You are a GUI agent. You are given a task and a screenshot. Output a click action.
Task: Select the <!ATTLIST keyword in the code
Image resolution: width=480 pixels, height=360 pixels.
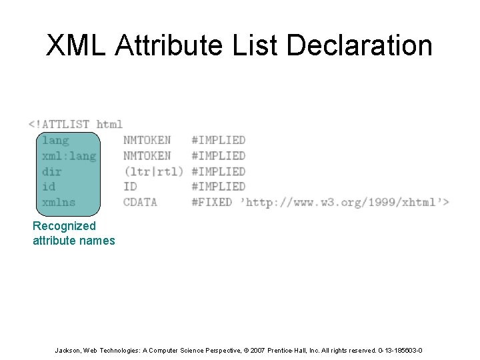[59, 124]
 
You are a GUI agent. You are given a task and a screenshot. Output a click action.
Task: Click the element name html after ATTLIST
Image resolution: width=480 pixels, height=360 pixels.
[109, 124]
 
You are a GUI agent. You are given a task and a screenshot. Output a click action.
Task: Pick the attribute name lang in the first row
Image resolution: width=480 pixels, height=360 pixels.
[55, 140]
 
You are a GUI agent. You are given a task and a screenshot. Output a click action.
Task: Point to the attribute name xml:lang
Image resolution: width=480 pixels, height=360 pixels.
[69, 155]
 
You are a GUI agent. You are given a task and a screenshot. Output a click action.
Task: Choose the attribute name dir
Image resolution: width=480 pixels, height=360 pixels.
[52, 171]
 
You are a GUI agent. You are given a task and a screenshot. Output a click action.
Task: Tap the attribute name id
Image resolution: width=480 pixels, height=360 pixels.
[49, 187]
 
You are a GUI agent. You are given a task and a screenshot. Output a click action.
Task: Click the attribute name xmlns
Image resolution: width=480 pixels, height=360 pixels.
[59, 202]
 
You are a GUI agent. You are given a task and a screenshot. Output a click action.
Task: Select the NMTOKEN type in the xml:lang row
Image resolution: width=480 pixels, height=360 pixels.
[147, 155]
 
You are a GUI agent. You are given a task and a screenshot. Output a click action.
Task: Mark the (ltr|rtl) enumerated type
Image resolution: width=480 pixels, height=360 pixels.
[153, 171]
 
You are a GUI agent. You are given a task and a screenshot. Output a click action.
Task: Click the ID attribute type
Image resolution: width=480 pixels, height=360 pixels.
[130, 187]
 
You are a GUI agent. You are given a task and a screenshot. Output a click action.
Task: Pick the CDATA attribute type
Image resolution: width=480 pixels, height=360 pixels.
[140, 202]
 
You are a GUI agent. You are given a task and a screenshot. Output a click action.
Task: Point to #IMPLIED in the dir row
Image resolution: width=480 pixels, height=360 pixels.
[218, 171]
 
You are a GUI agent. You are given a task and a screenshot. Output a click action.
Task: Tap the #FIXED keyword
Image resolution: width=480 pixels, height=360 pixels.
[211, 202]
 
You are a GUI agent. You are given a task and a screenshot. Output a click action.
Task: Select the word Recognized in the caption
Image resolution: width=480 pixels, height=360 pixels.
[64, 226]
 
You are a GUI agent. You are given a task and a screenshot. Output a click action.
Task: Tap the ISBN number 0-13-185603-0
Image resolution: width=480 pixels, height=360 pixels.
[400, 351]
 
